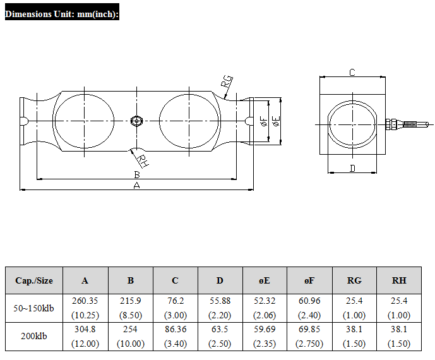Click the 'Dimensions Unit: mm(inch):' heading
(x=62, y=14)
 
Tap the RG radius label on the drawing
(x=227, y=82)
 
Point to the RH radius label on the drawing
(x=142, y=161)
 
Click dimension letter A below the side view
(x=136, y=185)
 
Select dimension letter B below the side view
(x=137, y=174)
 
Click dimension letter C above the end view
(x=352, y=73)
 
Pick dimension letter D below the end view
(x=352, y=168)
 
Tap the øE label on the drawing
(x=277, y=121)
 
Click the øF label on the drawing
(x=264, y=121)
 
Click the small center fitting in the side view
(x=136, y=121)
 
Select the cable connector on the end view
(x=407, y=124)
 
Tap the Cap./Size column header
(x=34, y=280)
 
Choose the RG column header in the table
(x=354, y=280)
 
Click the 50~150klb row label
(x=33, y=308)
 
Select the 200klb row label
(x=34, y=336)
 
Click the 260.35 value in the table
(x=85, y=301)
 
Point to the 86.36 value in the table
(x=176, y=329)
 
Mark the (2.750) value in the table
(x=309, y=344)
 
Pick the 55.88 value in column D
(x=220, y=301)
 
